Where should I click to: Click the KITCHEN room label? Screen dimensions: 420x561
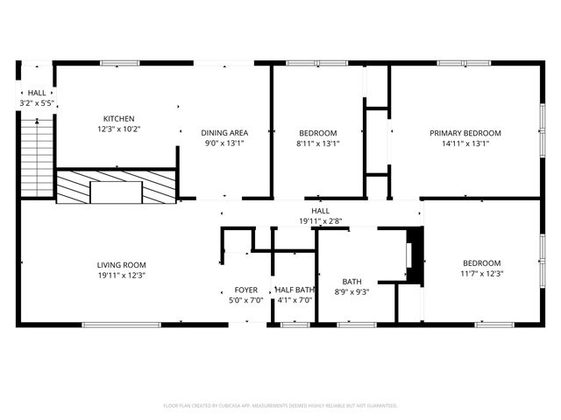point(118,119)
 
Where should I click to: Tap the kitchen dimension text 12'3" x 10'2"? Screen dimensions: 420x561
point(118,129)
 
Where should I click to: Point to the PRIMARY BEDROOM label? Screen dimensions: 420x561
point(471,133)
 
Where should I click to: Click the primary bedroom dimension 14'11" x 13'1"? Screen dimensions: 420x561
point(471,143)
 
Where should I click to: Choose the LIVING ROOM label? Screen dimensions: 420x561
point(122,264)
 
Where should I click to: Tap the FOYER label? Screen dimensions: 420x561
point(245,290)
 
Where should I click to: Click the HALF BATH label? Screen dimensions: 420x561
point(295,290)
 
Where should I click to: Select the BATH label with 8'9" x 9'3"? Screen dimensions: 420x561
point(351,281)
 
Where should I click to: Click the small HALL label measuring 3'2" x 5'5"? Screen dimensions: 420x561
point(37,93)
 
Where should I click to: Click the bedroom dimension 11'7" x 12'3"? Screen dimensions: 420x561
point(481,273)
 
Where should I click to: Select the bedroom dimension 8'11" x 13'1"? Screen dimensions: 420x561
point(318,143)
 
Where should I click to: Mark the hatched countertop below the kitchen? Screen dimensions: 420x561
point(116,187)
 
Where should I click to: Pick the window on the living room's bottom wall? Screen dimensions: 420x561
point(121,325)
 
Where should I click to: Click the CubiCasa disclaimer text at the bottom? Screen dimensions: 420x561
point(280,406)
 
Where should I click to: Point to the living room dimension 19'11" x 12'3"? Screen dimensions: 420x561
point(122,275)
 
